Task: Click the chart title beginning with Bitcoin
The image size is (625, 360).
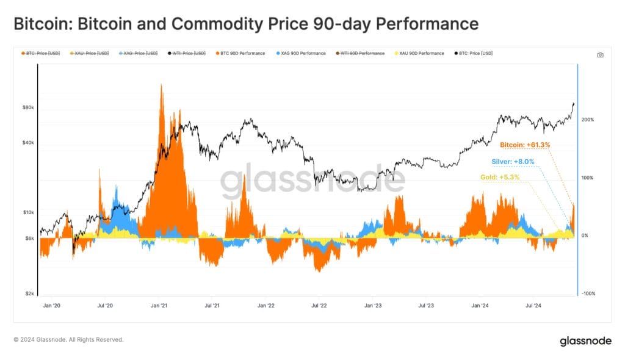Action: (x=245, y=24)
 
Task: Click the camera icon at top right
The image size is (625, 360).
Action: (x=600, y=55)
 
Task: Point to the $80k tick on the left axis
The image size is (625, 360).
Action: (x=28, y=108)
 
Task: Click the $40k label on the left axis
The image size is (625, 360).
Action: (x=28, y=143)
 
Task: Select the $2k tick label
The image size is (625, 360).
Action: (x=29, y=293)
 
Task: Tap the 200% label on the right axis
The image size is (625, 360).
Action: (x=588, y=120)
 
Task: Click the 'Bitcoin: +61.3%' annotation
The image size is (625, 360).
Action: (x=525, y=145)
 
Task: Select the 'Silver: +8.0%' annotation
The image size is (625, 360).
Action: (x=513, y=162)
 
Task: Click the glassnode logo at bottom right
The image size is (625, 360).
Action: (x=585, y=342)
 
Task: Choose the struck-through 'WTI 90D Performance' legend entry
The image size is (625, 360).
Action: (x=363, y=54)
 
